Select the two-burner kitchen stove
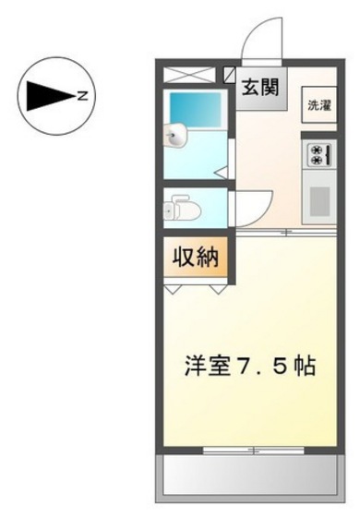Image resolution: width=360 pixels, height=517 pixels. click(318, 154)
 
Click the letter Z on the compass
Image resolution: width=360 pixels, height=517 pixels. click(83, 95)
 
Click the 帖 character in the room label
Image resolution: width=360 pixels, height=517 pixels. click(306, 366)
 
